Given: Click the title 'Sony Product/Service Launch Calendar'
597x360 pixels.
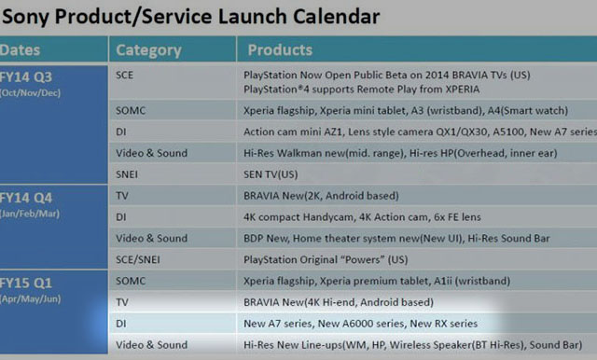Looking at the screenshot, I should [x=190, y=16].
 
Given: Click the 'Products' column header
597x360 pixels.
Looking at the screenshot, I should [x=280, y=50].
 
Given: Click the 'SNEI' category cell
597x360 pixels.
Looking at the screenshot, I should [x=129, y=174].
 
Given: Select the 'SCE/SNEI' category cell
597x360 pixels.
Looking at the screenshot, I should [x=137, y=258].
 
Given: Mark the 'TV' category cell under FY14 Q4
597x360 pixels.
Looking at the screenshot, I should [x=122, y=197].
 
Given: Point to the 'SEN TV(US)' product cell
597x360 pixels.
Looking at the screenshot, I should [x=271, y=174].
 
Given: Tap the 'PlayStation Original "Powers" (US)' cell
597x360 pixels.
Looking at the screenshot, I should [x=326, y=258].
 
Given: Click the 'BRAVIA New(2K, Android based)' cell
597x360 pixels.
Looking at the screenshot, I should [x=322, y=197].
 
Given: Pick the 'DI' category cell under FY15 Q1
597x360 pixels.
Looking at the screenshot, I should [x=121, y=323].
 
